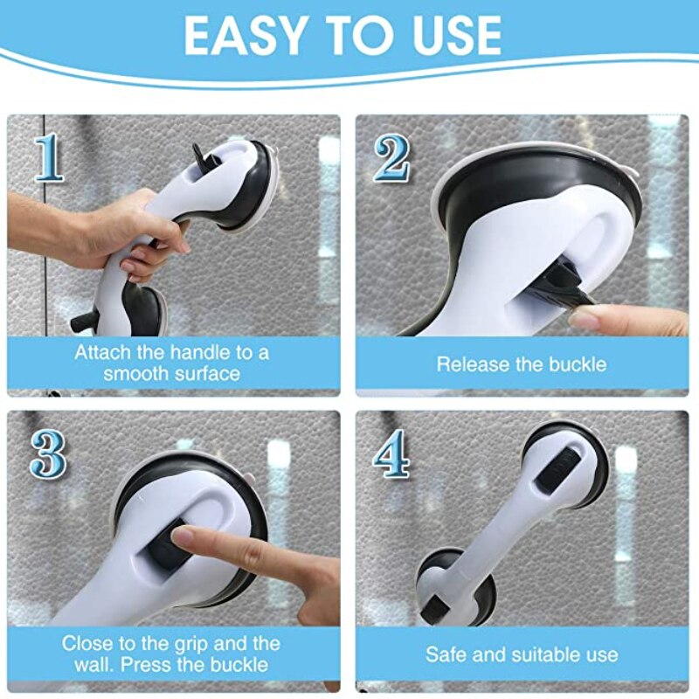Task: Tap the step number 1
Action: tap(50, 158)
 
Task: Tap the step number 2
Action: tap(392, 158)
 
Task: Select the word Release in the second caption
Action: tap(471, 363)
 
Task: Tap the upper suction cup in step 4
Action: tap(563, 463)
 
